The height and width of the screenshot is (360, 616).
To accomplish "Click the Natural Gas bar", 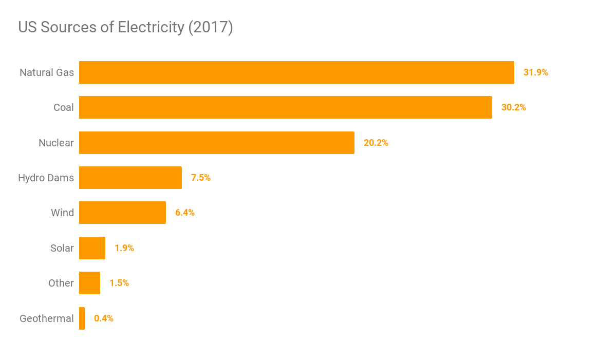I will (296, 72).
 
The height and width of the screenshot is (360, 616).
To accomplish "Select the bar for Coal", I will (285, 107).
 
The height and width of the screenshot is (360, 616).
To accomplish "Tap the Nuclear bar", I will (216, 143).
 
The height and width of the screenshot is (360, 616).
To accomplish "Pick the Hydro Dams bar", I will (130, 178).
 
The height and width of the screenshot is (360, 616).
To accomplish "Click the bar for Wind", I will (122, 213).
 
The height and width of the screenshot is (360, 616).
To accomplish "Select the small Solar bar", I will (92, 248).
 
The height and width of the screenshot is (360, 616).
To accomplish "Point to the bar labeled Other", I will (89, 283).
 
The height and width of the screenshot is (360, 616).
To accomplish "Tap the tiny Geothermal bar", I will (82, 318).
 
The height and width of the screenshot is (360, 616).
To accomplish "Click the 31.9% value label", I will (535, 72).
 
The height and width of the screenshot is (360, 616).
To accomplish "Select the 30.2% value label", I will (513, 107).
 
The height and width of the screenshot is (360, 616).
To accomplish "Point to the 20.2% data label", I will (376, 143).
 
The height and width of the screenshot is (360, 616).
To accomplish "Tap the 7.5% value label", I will (200, 178).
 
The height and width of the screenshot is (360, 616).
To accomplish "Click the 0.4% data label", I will (103, 318).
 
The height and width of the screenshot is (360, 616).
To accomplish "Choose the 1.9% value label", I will (124, 248).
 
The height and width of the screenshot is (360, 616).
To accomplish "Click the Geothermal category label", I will (47, 318).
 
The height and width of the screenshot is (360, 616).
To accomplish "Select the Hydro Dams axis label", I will (46, 178).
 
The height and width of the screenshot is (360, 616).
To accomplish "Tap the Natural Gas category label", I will (47, 72).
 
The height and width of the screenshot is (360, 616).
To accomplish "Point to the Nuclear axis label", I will (56, 143).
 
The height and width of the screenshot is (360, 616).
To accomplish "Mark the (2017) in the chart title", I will (211, 27).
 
